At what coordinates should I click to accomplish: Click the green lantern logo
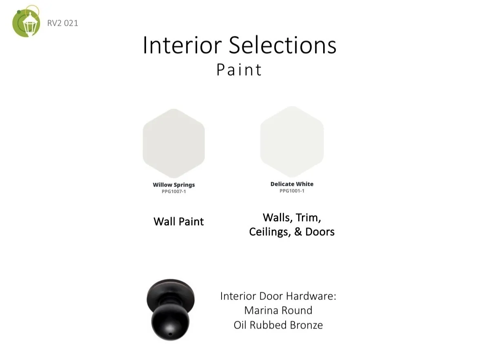[26, 22]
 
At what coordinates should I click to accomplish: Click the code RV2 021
[62, 23]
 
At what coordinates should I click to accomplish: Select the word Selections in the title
[283, 45]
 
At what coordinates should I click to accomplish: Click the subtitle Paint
[239, 70]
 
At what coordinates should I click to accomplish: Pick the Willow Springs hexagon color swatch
[174, 143]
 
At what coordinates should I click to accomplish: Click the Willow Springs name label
[174, 185]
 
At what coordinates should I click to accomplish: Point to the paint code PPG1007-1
[174, 191]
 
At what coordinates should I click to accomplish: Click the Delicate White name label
[292, 184]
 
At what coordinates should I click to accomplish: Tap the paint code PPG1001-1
[292, 191]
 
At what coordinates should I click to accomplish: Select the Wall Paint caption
[179, 222]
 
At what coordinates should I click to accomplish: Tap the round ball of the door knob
[170, 322]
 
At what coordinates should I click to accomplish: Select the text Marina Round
[278, 310]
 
